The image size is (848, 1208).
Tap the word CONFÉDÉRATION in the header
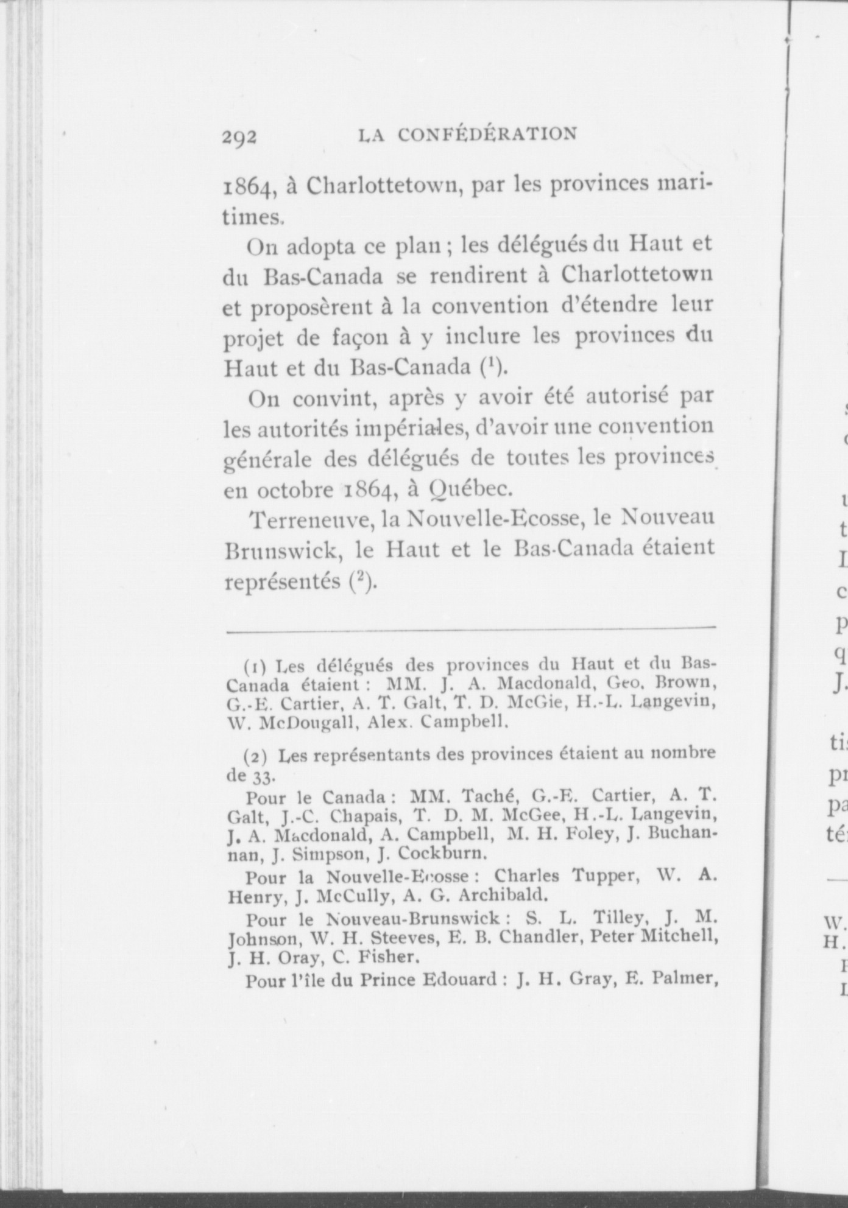click(x=487, y=134)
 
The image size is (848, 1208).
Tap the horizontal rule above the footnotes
click(x=470, y=628)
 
